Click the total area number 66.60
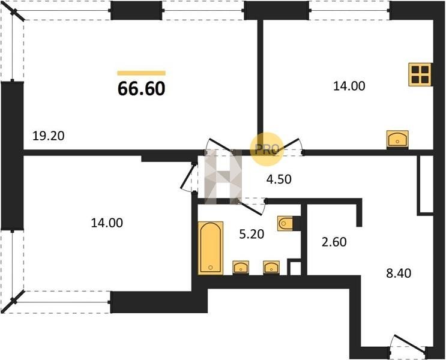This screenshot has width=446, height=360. tap(142, 88)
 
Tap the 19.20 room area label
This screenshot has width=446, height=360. tap(49, 136)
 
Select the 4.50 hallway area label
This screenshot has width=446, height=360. tap(279, 179)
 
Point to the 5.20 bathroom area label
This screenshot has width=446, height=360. tap(252, 235)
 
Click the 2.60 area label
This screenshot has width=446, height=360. tap(334, 242)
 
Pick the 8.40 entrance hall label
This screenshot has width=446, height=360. tap(399, 273)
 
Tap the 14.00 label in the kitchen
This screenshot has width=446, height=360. tap(349, 86)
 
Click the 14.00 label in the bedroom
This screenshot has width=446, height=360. tap(107, 223)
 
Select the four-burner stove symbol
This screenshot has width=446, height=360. tap(420, 74)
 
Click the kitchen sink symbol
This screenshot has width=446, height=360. tap(397, 139)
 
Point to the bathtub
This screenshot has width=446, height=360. tap(211, 248)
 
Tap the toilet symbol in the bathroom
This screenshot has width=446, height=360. tap(286, 223)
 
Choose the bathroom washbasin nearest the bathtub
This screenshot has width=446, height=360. tap(241, 267)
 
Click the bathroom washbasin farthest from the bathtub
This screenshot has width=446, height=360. tap(271, 267)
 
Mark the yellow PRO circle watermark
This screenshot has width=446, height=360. tap(267, 149)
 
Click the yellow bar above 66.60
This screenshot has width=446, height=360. tap(142, 73)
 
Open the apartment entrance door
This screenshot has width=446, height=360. tap(408, 344)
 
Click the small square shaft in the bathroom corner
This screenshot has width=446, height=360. tap(295, 268)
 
